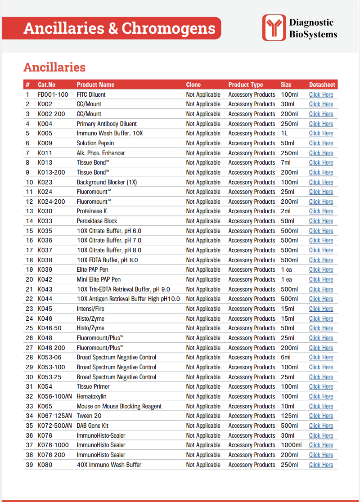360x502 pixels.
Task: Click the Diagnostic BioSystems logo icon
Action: (x=274, y=27)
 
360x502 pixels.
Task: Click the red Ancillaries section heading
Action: (x=54, y=67)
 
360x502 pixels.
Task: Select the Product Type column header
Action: (x=245, y=85)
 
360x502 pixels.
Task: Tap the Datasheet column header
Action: (x=322, y=85)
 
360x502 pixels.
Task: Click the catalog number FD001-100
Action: (x=53, y=94)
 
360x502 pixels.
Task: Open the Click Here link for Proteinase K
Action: (x=321, y=211)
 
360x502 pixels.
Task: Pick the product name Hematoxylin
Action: (x=91, y=396)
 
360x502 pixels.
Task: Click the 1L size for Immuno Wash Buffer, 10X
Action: (x=285, y=134)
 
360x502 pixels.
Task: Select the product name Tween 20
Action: (x=89, y=416)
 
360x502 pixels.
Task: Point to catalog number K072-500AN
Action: (x=54, y=426)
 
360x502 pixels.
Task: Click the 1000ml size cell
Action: (x=291, y=445)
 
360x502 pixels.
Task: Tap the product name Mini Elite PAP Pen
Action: (x=99, y=279)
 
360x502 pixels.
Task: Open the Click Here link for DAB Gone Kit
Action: (x=321, y=426)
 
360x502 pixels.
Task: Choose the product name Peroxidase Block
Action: (x=97, y=221)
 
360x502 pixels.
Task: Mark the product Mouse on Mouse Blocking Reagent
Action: (x=119, y=406)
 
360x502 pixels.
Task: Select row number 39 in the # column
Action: (x=29, y=465)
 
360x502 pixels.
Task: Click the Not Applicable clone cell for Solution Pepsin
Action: (x=203, y=143)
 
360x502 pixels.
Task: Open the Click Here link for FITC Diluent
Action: (x=321, y=94)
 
